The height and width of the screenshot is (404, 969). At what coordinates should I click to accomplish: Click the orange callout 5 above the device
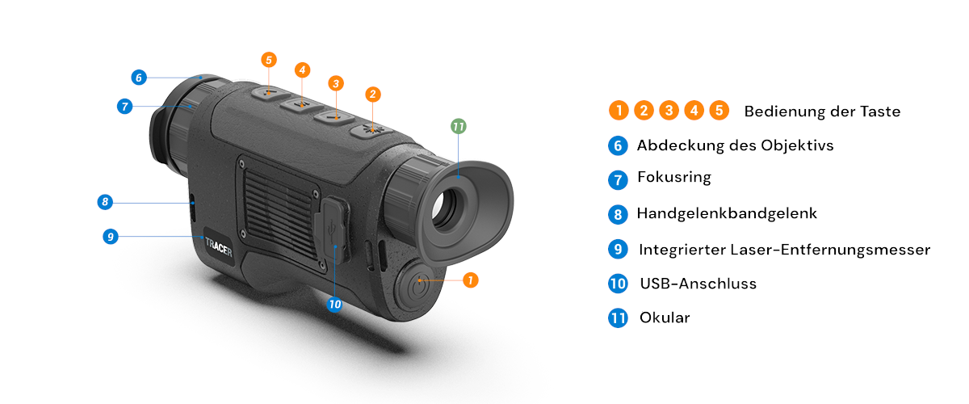click(x=269, y=60)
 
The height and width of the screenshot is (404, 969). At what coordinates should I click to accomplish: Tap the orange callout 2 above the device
click(x=373, y=95)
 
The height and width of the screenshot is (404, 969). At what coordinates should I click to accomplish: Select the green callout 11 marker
click(x=459, y=126)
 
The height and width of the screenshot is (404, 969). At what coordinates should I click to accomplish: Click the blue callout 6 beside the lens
click(x=139, y=78)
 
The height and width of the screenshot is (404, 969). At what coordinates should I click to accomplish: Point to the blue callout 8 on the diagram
click(x=105, y=202)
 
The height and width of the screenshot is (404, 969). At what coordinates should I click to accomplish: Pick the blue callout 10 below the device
click(x=334, y=305)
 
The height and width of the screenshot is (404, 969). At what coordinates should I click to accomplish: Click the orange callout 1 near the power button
click(x=471, y=280)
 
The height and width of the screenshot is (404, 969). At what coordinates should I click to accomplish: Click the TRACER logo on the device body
click(x=219, y=247)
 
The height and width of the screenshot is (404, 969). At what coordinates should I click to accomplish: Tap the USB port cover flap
click(x=332, y=229)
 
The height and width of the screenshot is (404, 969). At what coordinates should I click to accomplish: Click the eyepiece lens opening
click(x=447, y=209)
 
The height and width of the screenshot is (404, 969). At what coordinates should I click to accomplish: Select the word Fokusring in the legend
click(x=674, y=178)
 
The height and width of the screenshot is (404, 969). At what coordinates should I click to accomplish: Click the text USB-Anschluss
click(x=698, y=284)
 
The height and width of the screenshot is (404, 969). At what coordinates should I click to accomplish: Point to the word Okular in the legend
click(x=665, y=318)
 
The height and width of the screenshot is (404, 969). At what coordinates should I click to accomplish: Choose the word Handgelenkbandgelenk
click(x=727, y=213)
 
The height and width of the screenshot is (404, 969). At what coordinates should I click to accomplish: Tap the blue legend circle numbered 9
click(x=618, y=250)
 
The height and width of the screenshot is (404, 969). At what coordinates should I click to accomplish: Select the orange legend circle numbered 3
click(x=669, y=111)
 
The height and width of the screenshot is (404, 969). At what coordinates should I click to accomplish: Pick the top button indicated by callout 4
click(x=301, y=105)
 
